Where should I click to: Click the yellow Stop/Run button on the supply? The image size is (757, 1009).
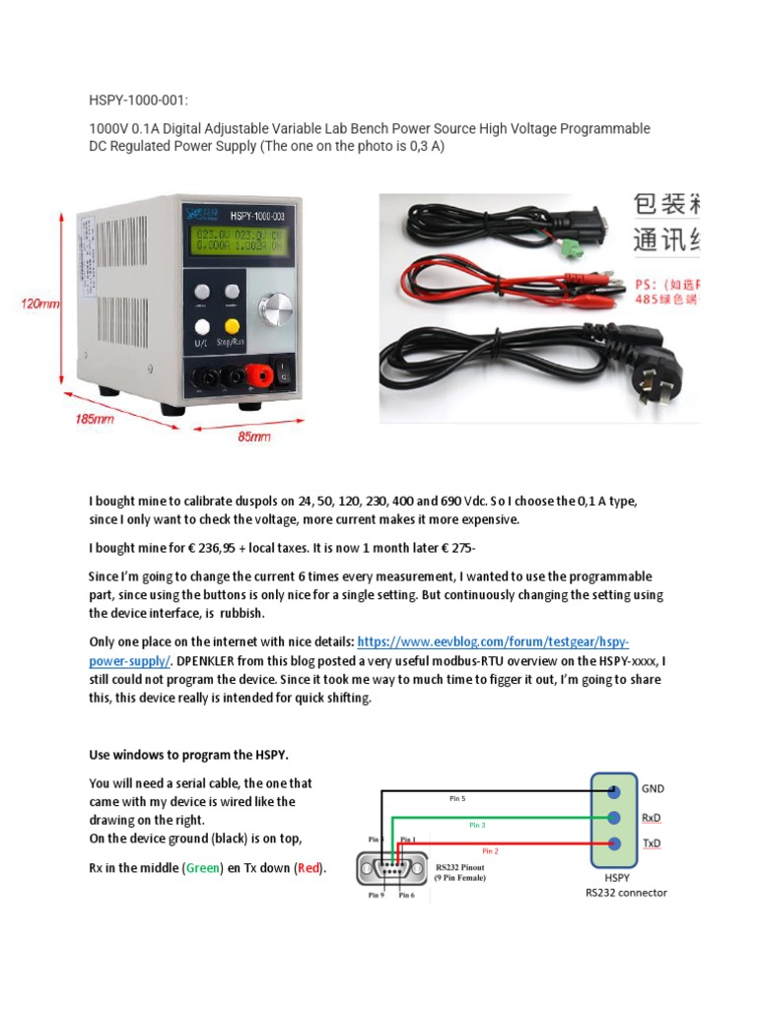(232, 326)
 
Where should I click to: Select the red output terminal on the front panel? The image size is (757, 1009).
(263, 375)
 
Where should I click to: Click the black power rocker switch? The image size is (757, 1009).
(284, 373)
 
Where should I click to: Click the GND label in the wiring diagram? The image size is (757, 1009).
(653, 789)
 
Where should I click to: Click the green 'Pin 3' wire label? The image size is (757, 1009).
(478, 824)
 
